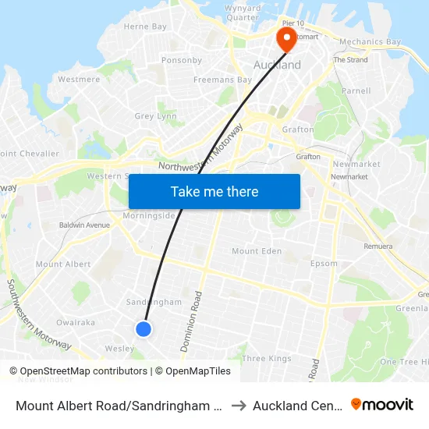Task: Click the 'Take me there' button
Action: click(214, 191)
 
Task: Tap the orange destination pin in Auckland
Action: click(285, 38)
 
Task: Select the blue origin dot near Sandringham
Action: click(144, 329)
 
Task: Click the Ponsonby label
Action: click(181, 60)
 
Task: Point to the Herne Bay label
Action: click(145, 27)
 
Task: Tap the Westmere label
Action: click(79, 80)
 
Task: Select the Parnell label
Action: click(356, 90)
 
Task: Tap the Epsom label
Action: click(324, 264)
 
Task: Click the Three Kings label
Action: click(267, 359)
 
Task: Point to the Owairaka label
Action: click(76, 322)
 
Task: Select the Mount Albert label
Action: click(63, 264)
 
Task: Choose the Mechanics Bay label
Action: click(370, 42)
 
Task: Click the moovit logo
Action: click(382, 404)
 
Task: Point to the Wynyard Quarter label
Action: click(242, 13)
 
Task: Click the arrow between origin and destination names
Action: click(239, 405)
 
